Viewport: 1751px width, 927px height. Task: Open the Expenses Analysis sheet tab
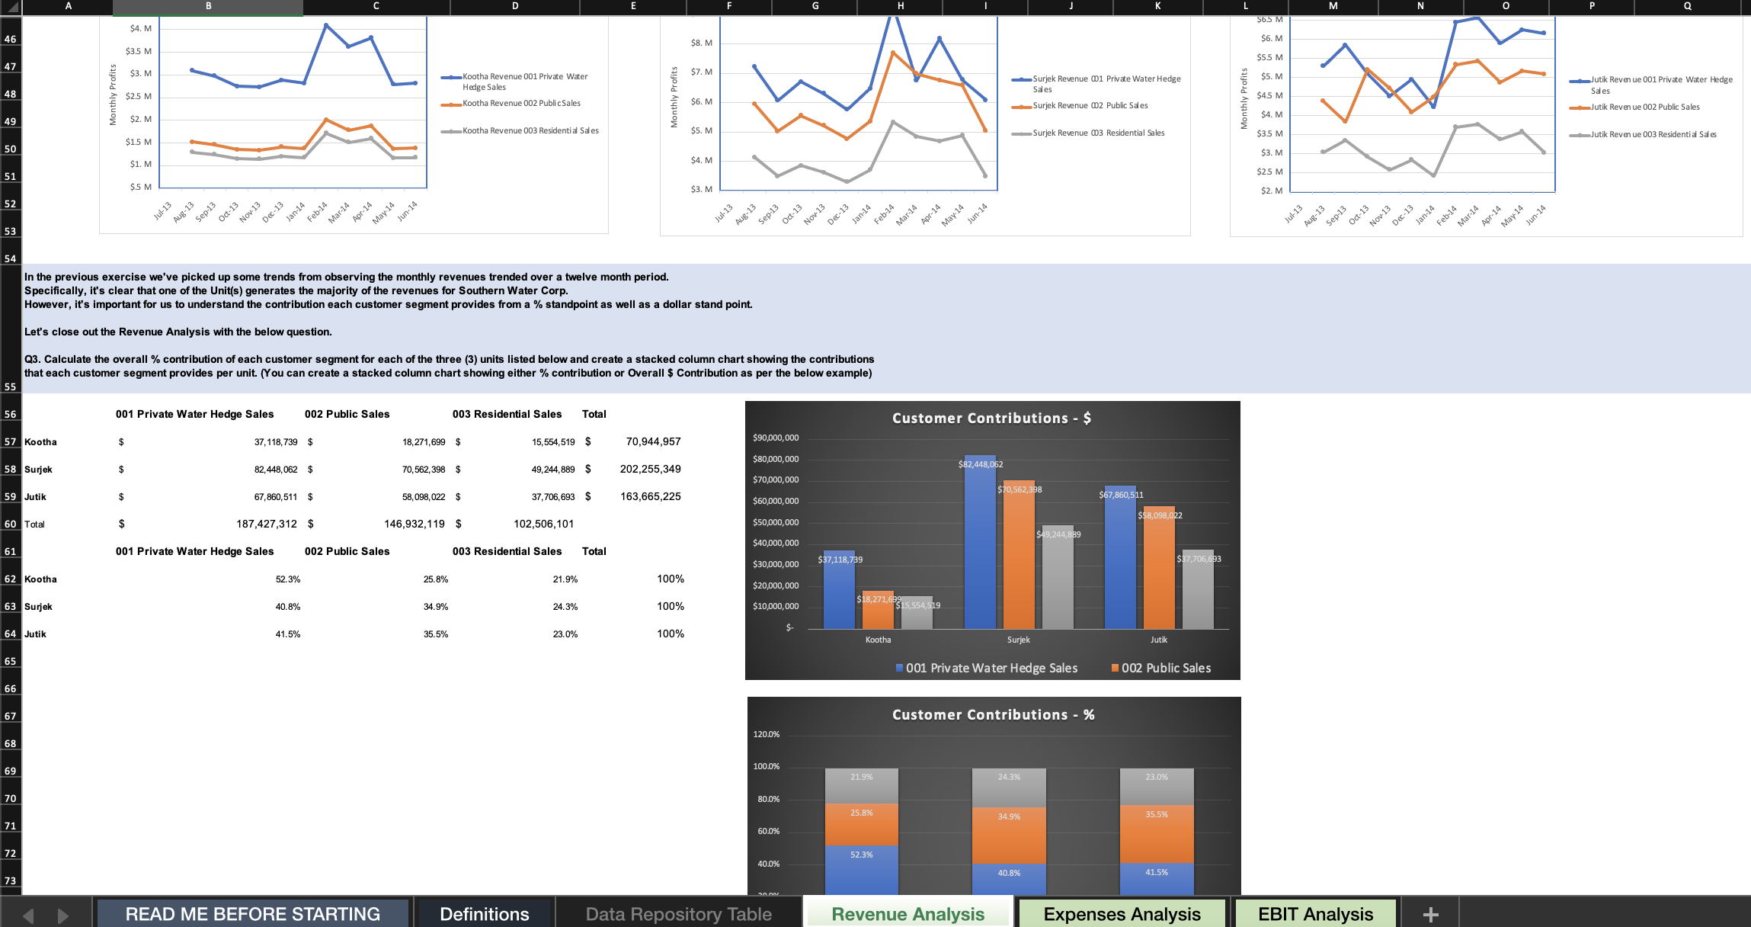point(1122,913)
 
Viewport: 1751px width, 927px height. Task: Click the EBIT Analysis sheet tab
point(1315,913)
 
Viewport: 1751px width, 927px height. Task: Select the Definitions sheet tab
point(484,913)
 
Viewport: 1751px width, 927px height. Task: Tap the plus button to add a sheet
point(1430,914)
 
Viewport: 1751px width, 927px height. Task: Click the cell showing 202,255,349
point(650,469)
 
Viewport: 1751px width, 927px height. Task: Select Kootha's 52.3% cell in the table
point(287,579)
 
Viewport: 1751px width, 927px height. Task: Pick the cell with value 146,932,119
point(414,524)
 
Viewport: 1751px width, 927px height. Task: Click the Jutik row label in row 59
point(35,497)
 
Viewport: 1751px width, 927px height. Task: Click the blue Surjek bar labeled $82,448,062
point(979,549)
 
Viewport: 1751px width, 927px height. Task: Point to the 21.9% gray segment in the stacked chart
point(862,785)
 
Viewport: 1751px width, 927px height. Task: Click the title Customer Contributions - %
point(993,715)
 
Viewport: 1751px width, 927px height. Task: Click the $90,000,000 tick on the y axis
point(775,438)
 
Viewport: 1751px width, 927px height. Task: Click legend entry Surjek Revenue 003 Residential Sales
point(1098,133)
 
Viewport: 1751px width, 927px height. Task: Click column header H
point(900,6)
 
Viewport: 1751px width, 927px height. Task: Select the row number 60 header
point(10,524)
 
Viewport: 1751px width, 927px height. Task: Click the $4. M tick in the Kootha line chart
point(140,29)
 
